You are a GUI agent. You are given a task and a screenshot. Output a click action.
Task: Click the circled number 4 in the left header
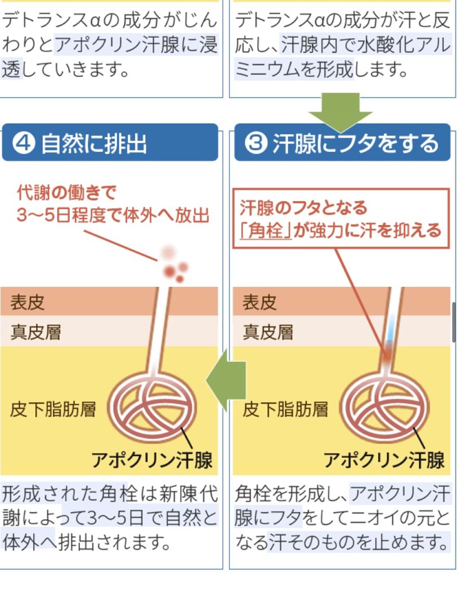(x=24, y=143)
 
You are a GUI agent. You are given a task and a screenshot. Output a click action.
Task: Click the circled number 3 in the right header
(x=256, y=143)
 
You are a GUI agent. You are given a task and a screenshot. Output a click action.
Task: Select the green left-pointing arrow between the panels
(x=226, y=380)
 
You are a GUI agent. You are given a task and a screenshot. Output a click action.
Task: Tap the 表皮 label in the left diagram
(x=27, y=302)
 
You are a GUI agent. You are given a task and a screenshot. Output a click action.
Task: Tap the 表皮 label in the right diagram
(x=260, y=302)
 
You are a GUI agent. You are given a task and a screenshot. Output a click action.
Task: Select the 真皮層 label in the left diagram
(x=36, y=332)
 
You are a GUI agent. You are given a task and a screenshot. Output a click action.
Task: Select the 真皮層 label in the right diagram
(x=268, y=332)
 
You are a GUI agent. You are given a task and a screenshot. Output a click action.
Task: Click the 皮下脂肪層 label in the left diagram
(x=53, y=409)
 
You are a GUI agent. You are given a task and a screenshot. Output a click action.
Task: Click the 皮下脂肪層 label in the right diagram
(x=286, y=409)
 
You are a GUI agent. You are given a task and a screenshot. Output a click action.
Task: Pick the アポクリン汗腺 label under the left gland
(x=152, y=460)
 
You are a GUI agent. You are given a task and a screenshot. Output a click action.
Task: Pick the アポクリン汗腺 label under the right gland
(x=384, y=460)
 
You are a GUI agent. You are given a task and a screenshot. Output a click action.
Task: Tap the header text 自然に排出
(x=94, y=144)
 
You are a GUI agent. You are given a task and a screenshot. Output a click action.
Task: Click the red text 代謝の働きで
(x=66, y=193)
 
